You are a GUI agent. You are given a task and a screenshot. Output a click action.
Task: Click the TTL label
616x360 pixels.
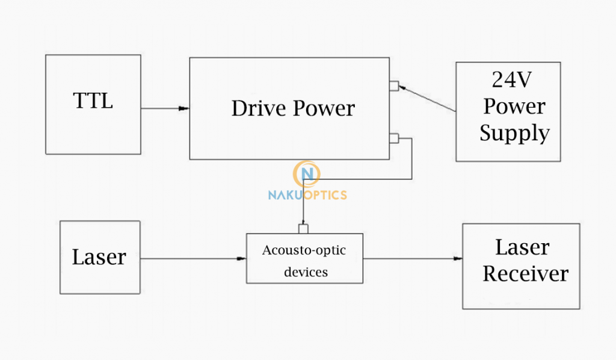[93, 101]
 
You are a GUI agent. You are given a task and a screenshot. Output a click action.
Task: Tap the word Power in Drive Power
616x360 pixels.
[324, 108]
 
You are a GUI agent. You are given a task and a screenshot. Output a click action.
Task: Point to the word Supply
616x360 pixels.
[514, 133]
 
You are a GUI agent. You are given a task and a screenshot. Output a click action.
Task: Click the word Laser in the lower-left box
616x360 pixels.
[99, 257]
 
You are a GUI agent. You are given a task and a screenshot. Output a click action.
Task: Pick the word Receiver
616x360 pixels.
[525, 274]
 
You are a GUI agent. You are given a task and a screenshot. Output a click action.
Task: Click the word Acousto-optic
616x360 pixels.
[304, 250]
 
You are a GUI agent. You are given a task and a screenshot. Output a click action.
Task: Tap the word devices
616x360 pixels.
[306, 272]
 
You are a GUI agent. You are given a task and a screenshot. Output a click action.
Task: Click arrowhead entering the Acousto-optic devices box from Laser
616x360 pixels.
[241, 259]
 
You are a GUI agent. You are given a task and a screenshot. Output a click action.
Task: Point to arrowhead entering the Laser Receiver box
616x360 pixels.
[458, 259]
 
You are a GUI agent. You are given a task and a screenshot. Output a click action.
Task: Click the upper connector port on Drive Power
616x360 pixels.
[393, 85]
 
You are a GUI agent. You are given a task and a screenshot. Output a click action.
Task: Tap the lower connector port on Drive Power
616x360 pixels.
[393, 139]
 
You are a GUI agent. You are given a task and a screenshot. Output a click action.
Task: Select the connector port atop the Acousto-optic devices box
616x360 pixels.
[303, 229]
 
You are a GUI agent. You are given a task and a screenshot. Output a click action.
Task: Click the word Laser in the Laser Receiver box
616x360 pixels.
[522, 247]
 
